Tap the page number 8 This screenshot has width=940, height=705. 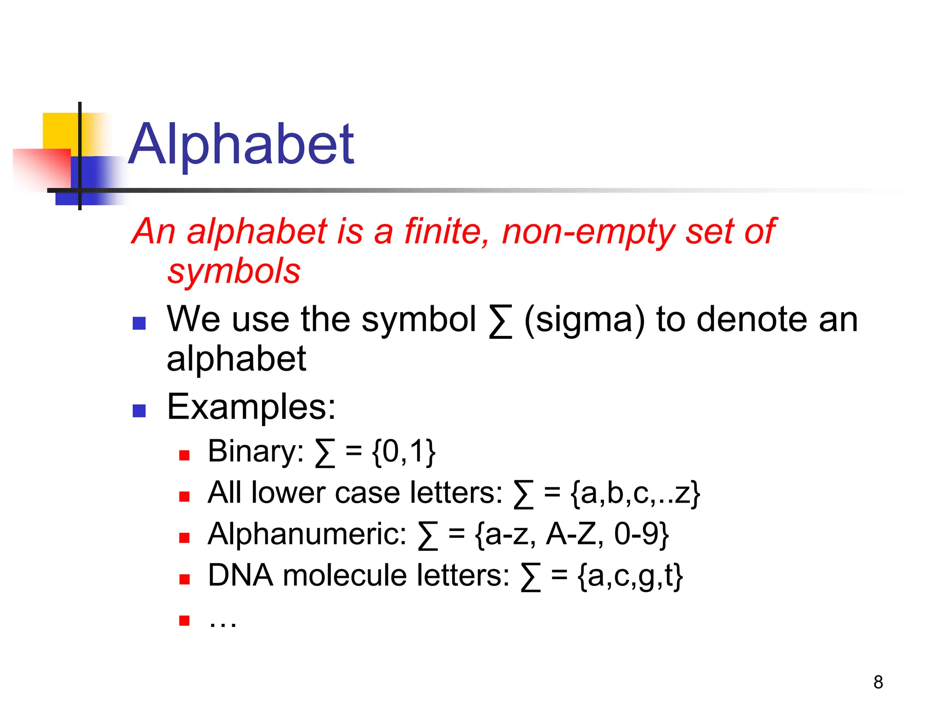point(878,682)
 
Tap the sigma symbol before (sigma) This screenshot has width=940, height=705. point(500,321)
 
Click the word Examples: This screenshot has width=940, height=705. point(251,407)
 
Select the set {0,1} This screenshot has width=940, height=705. point(403,452)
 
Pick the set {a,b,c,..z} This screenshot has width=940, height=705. point(635,493)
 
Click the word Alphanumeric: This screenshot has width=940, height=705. point(307,534)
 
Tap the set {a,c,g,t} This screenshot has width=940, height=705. point(630,576)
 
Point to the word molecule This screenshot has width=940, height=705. point(345,575)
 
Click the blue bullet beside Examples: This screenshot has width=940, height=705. point(139,410)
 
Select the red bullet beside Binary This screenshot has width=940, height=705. point(185,455)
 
